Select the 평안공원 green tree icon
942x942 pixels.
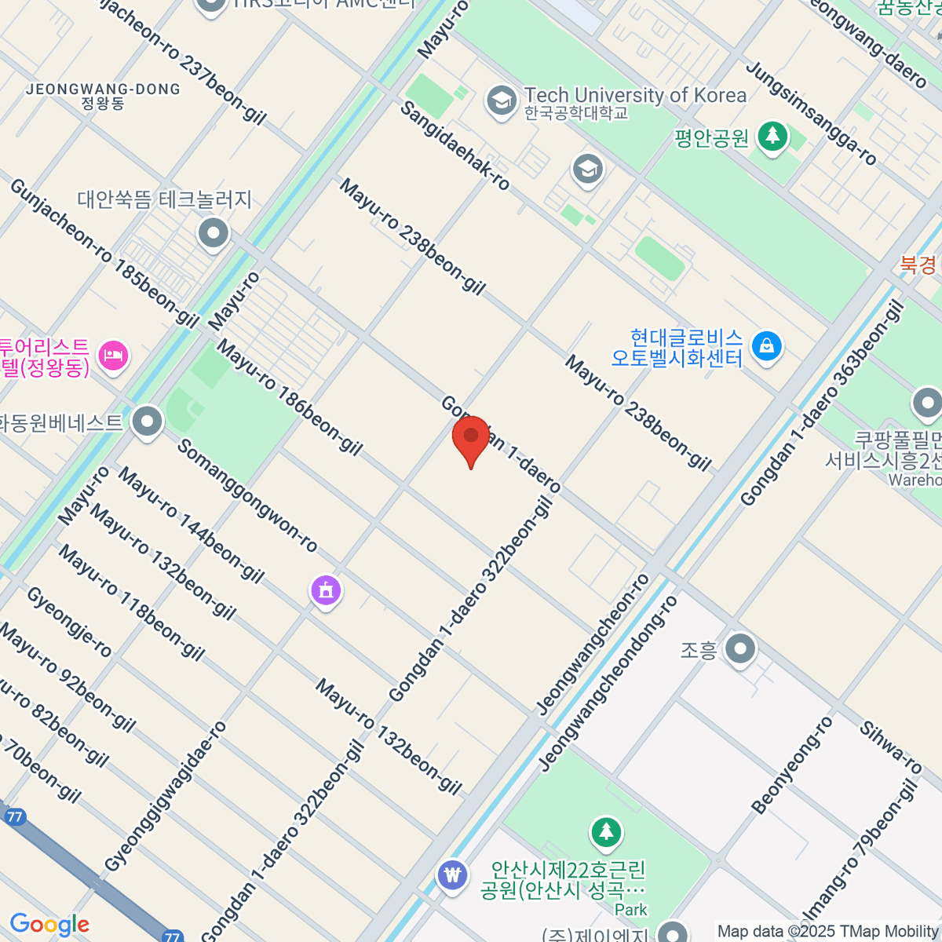(x=772, y=137)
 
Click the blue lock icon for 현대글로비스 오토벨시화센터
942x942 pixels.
(x=766, y=345)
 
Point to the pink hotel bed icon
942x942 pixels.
(x=114, y=355)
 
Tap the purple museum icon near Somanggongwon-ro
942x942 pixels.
(x=326, y=590)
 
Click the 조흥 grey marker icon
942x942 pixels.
(x=739, y=649)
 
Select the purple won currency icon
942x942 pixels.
(x=452, y=874)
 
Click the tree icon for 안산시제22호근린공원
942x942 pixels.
(x=606, y=832)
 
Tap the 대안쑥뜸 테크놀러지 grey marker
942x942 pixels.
(x=213, y=233)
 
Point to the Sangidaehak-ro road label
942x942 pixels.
(x=455, y=146)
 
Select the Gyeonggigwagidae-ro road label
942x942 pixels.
(x=166, y=797)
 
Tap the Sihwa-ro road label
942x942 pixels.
(x=890, y=747)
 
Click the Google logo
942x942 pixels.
(x=49, y=925)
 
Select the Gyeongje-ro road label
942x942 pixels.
(x=70, y=621)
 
